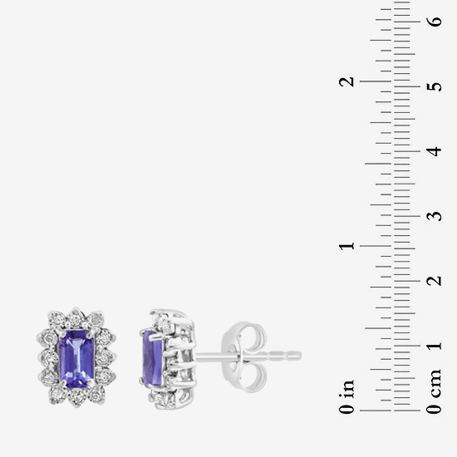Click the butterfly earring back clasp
pyautogui.click(x=244, y=356)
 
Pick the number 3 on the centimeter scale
pyautogui.click(x=436, y=216)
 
